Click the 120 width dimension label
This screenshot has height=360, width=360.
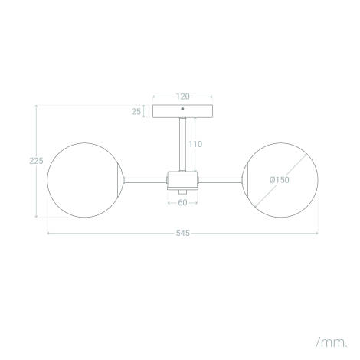click(182, 97)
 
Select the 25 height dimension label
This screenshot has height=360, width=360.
click(136, 111)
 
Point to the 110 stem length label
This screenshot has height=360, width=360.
click(195, 144)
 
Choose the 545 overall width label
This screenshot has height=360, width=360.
click(182, 232)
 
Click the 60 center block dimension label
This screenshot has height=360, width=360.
click(182, 203)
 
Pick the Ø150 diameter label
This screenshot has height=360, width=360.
click(278, 180)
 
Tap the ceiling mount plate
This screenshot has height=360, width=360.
click(182, 111)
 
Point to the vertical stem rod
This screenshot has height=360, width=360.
click(182, 146)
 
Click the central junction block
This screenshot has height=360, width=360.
click(182, 180)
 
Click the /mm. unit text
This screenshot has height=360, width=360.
click(331, 339)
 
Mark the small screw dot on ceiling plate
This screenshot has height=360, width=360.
click(182, 108)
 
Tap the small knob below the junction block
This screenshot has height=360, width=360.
click(182, 191)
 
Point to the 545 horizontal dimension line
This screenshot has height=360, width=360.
click(115, 232)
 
